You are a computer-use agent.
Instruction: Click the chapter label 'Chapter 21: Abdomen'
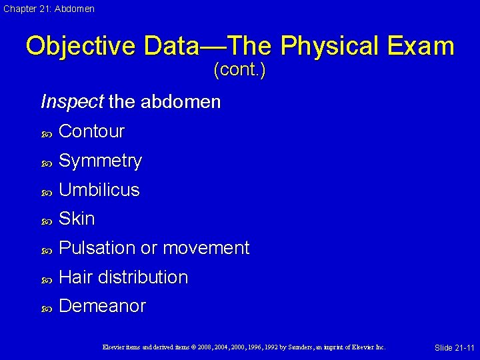[x=48, y=9]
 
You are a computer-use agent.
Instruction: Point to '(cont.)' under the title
[x=239, y=70]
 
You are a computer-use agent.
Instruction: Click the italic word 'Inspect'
[x=72, y=102]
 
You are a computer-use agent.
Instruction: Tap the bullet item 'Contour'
[x=91, y=131]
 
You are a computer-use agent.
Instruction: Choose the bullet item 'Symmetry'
[x=100, y=161]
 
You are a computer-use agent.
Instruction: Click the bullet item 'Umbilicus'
[x=99, y=190]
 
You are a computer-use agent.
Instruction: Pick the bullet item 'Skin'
[x=77, y=219]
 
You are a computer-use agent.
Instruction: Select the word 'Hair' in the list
[x=75, y=277]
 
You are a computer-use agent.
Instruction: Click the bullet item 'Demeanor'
[x=102, y=306]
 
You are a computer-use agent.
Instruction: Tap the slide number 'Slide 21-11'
[x=454, y=348]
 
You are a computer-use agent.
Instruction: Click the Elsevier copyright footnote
[x=244, y=347]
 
